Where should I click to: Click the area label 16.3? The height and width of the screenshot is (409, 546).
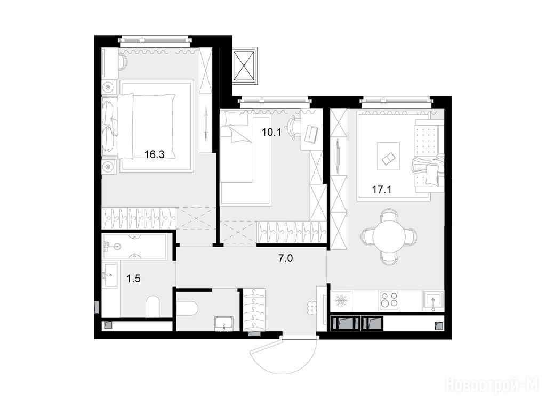click(x=154, y=154)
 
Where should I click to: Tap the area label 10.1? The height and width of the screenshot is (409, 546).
click(x=271, y=132)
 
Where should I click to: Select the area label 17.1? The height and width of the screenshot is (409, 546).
click(x=382, y=190)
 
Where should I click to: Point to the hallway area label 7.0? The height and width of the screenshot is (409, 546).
click(x=286, y=258)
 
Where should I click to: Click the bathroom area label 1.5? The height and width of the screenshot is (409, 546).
click(x=133, y=278)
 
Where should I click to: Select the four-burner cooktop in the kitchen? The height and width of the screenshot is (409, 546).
click(x=389, y=300)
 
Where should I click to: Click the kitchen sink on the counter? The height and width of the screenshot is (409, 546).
click(x=433, y=300)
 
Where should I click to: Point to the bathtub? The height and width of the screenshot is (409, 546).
click(x=135, y=246)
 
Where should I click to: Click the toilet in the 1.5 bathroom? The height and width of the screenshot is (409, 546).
click(x=152, y=307)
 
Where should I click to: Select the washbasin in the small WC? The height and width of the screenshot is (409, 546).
click(x=223, y=324)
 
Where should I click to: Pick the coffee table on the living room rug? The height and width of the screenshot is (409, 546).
click(x=388, y=156)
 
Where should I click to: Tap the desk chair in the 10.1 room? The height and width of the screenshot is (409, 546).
click(x=294, y=127)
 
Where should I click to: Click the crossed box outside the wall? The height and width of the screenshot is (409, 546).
click(x=245, y=66)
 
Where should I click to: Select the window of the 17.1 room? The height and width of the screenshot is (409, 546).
click(x=397, y=101)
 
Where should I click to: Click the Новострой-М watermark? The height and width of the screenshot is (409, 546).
click(x=494, y=386)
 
